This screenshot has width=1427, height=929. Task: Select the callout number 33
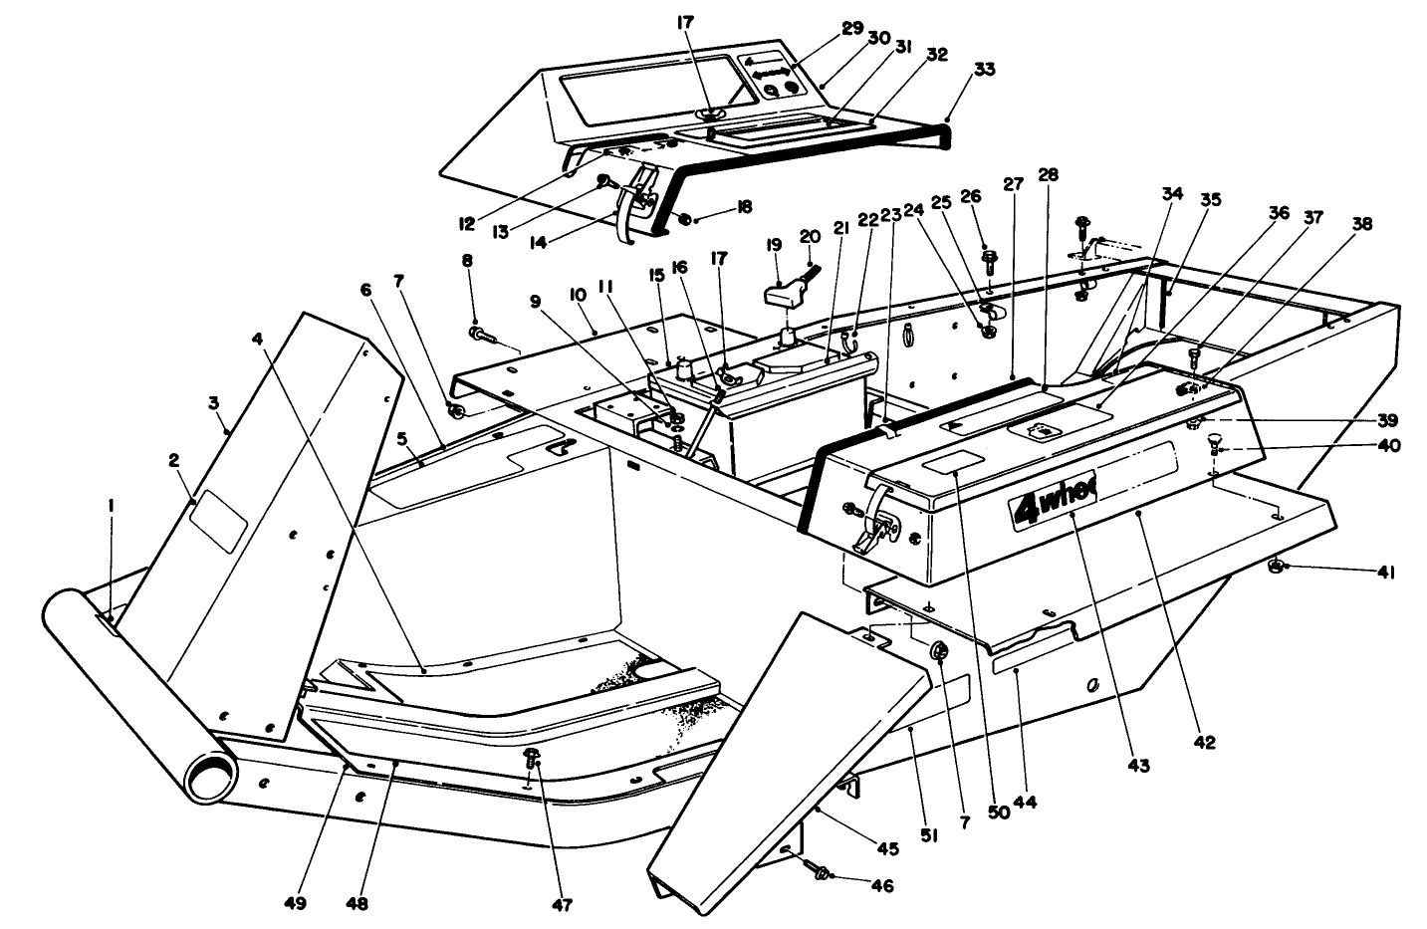coord(983,70)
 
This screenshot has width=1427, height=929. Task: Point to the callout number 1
coord(111,505)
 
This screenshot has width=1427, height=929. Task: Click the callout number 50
coord(998,812)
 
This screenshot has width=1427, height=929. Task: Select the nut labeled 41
coord(1275,568)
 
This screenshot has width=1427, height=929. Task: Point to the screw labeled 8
coord(479,335)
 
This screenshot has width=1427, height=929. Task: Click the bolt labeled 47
coord(531,759)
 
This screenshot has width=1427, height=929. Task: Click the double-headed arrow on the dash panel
coord(773,74)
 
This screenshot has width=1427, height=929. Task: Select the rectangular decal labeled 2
coord(218,517)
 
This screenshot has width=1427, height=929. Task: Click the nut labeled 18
coord(684,218)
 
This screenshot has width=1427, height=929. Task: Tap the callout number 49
coord(295,904)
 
